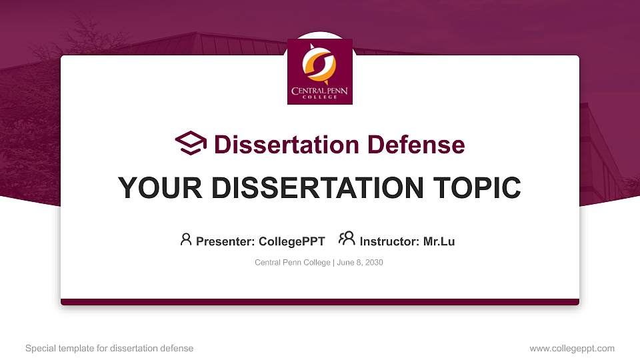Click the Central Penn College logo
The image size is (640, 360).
[x=319, y=71]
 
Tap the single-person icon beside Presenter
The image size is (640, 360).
[x=186, y=239]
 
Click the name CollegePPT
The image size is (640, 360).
[x=291, y=241]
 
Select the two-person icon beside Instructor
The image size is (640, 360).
[x=347, y=239]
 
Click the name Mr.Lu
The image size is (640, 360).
[x=439, y=241]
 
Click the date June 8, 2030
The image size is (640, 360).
[x=360, y=263]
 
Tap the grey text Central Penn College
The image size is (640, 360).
[x=292, y=263]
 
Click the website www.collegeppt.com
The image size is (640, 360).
[x=571, y=348]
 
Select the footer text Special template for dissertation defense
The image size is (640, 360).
[x=109, y=348]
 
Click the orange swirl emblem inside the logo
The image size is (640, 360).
[x=319, y=63]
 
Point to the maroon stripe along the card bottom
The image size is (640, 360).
[x=319, y=302]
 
